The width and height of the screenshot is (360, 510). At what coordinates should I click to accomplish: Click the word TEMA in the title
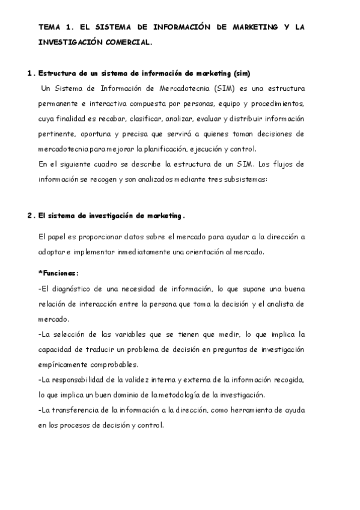click(49, 27)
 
